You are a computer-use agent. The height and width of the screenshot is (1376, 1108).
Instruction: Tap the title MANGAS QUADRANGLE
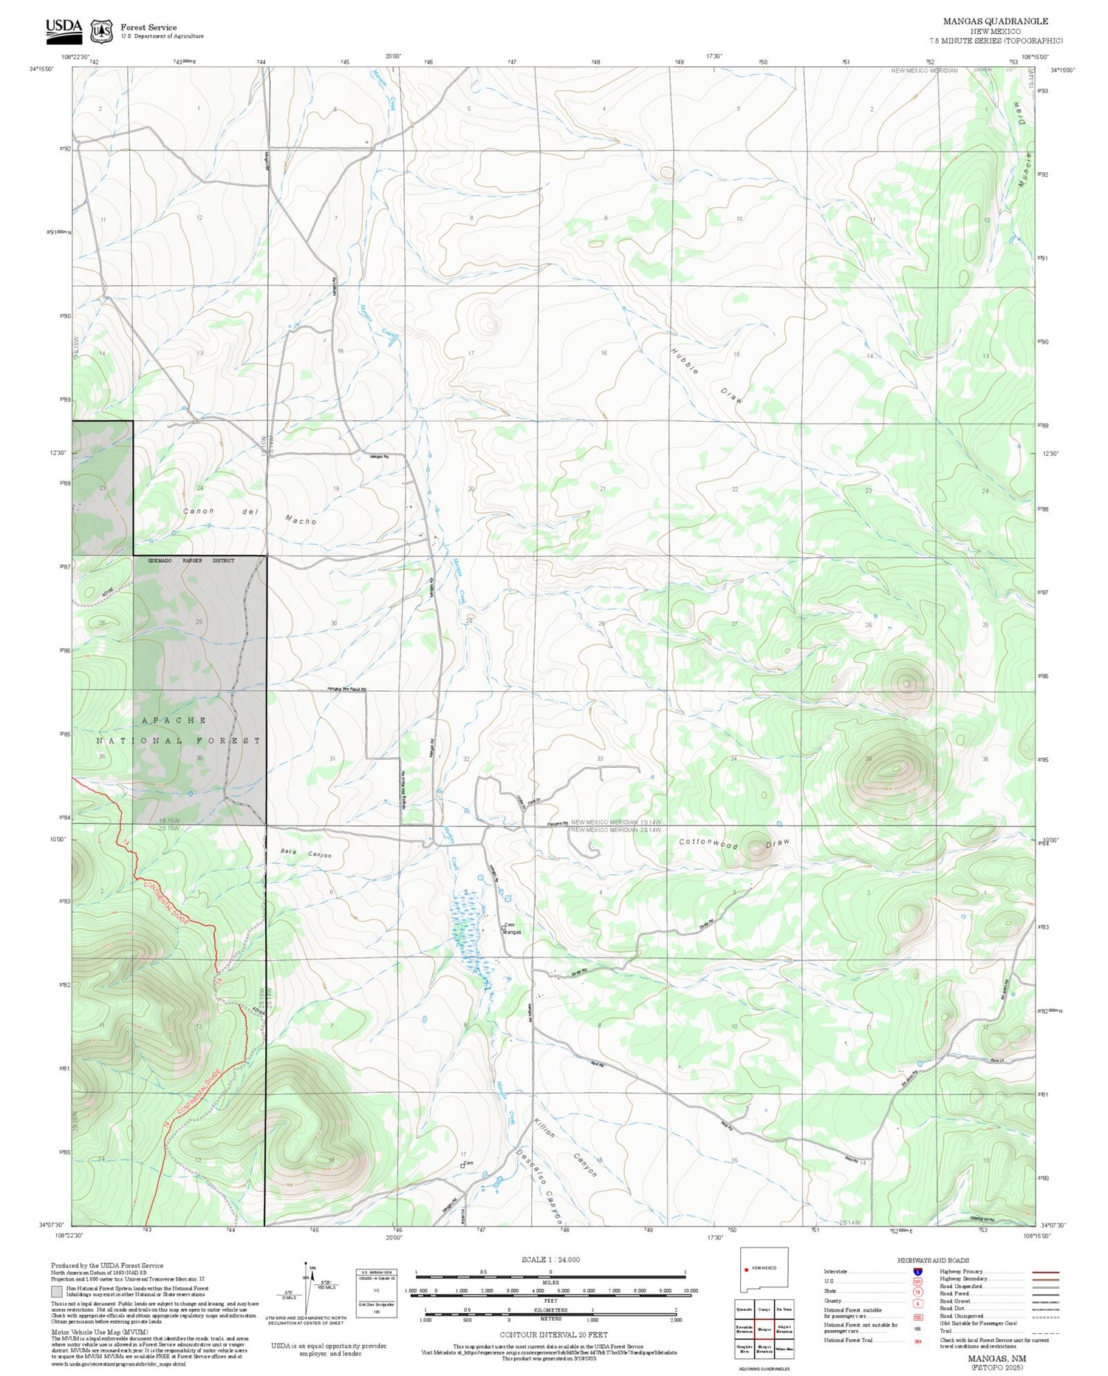pyautogui.click(x=995, y=21)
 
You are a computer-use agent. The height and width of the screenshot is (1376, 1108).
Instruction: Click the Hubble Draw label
pyautogui.click(x=707, y=375)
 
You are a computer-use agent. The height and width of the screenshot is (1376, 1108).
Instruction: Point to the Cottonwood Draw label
pyautogui.click(x=734, y=842)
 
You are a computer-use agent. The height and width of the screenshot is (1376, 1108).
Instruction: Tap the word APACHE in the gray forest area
pyautogui.click(x=174, y=720)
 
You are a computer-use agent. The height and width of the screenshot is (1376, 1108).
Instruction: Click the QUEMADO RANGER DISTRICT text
pyautogui.click(x=191, y=561)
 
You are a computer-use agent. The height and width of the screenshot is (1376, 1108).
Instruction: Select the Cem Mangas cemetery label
pyautogui.click(x=512, y=928)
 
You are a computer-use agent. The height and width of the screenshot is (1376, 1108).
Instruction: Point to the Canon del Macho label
pyautogui.click(x=250, y=515)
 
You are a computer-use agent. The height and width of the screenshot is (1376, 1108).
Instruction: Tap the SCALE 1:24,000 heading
pyautogui.click(x=550, y=1259)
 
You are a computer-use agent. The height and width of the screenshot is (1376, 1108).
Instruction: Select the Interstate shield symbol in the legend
pyautogui.click(x=917, y=1272)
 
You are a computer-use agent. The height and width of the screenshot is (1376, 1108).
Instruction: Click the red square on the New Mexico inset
pyautogui.click(x=747, y=1268)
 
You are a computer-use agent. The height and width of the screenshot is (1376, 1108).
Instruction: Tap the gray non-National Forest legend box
pyautogui.click(x=57, y=1291)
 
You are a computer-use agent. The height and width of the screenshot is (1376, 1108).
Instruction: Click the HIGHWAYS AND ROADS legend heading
pyautogui.click(x=933, y=1260)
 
